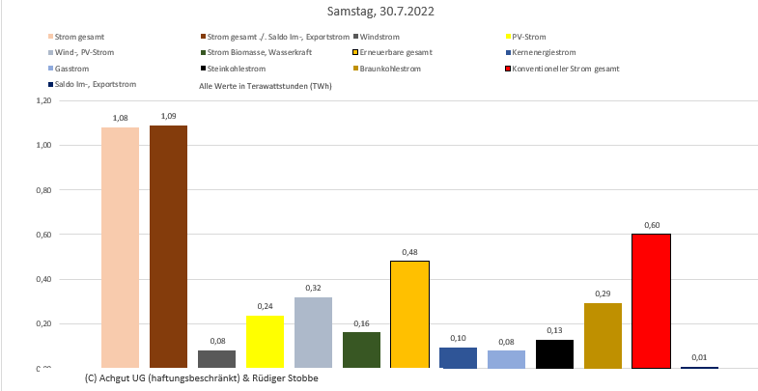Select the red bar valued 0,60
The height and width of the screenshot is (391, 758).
coord(651,300)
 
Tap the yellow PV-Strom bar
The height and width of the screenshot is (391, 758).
coord(265,341)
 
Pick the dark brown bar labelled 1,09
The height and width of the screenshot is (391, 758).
coord(168,246)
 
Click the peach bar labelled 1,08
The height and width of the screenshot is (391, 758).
coord(120,247)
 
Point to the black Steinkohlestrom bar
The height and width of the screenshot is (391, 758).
coord(554,353)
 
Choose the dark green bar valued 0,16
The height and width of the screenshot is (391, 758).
coord(361,349)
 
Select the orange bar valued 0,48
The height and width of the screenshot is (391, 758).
coord(409,314)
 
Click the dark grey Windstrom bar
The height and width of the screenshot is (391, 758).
coord(216,358)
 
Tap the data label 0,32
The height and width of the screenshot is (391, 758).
coord(313,288)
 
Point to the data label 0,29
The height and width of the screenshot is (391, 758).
coord(603,293)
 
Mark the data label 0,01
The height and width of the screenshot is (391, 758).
coord(699,357)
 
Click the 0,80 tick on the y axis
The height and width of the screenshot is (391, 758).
coord(42,190)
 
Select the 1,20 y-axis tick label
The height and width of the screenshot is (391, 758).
coord(42,100)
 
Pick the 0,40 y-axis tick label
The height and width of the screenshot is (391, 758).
coord(42,279)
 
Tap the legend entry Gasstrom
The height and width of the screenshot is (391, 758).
coord(78,70)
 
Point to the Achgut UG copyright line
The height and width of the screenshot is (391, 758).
coord(201,377)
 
